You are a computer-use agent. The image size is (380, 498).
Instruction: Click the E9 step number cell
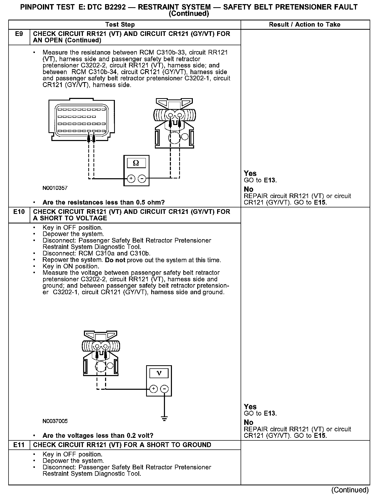point(19,34)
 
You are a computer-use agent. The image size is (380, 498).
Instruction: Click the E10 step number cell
point(19,212)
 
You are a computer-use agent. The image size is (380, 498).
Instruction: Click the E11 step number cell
point(19,445)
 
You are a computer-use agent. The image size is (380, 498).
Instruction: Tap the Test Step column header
point(120,25)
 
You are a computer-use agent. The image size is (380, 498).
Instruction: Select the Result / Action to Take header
point(305,25)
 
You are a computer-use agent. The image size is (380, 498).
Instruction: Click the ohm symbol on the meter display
point(136,163)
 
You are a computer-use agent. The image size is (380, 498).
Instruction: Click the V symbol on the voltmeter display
point(159,373)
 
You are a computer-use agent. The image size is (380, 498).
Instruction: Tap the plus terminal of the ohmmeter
point(131,178)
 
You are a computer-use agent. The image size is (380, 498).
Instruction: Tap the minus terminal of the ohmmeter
point(142,178)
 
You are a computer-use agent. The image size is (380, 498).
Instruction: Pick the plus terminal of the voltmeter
point(154,389)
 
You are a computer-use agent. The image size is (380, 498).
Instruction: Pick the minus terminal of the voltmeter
point(164,389)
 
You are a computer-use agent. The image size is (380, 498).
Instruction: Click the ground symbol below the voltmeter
point(164,419)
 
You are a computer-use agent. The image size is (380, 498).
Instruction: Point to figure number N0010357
point(55,188)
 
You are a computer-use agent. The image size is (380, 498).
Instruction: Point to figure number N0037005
point(55,421)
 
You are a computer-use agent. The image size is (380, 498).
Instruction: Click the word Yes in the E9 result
point(250,173)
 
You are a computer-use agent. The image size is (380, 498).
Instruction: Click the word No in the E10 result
point(249,422)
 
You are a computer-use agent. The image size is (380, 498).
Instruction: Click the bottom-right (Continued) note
point(350,490)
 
